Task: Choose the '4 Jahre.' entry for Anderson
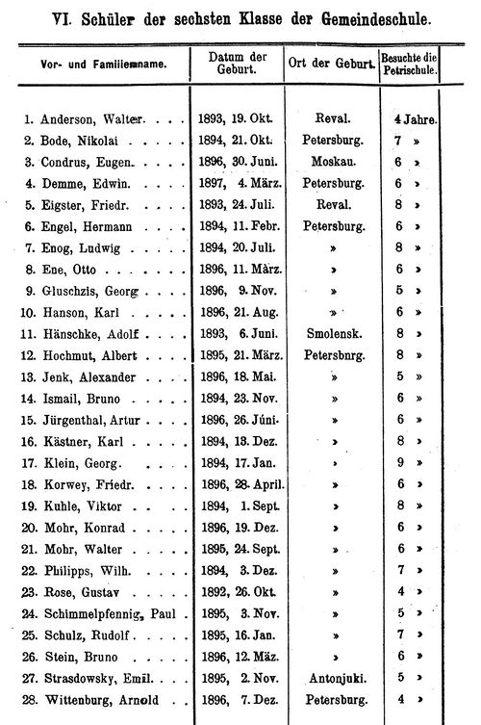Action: [x=416, y=119]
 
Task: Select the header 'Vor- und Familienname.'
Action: [x=95, y=64]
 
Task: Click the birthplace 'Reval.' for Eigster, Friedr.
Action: [x=332, y=204]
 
